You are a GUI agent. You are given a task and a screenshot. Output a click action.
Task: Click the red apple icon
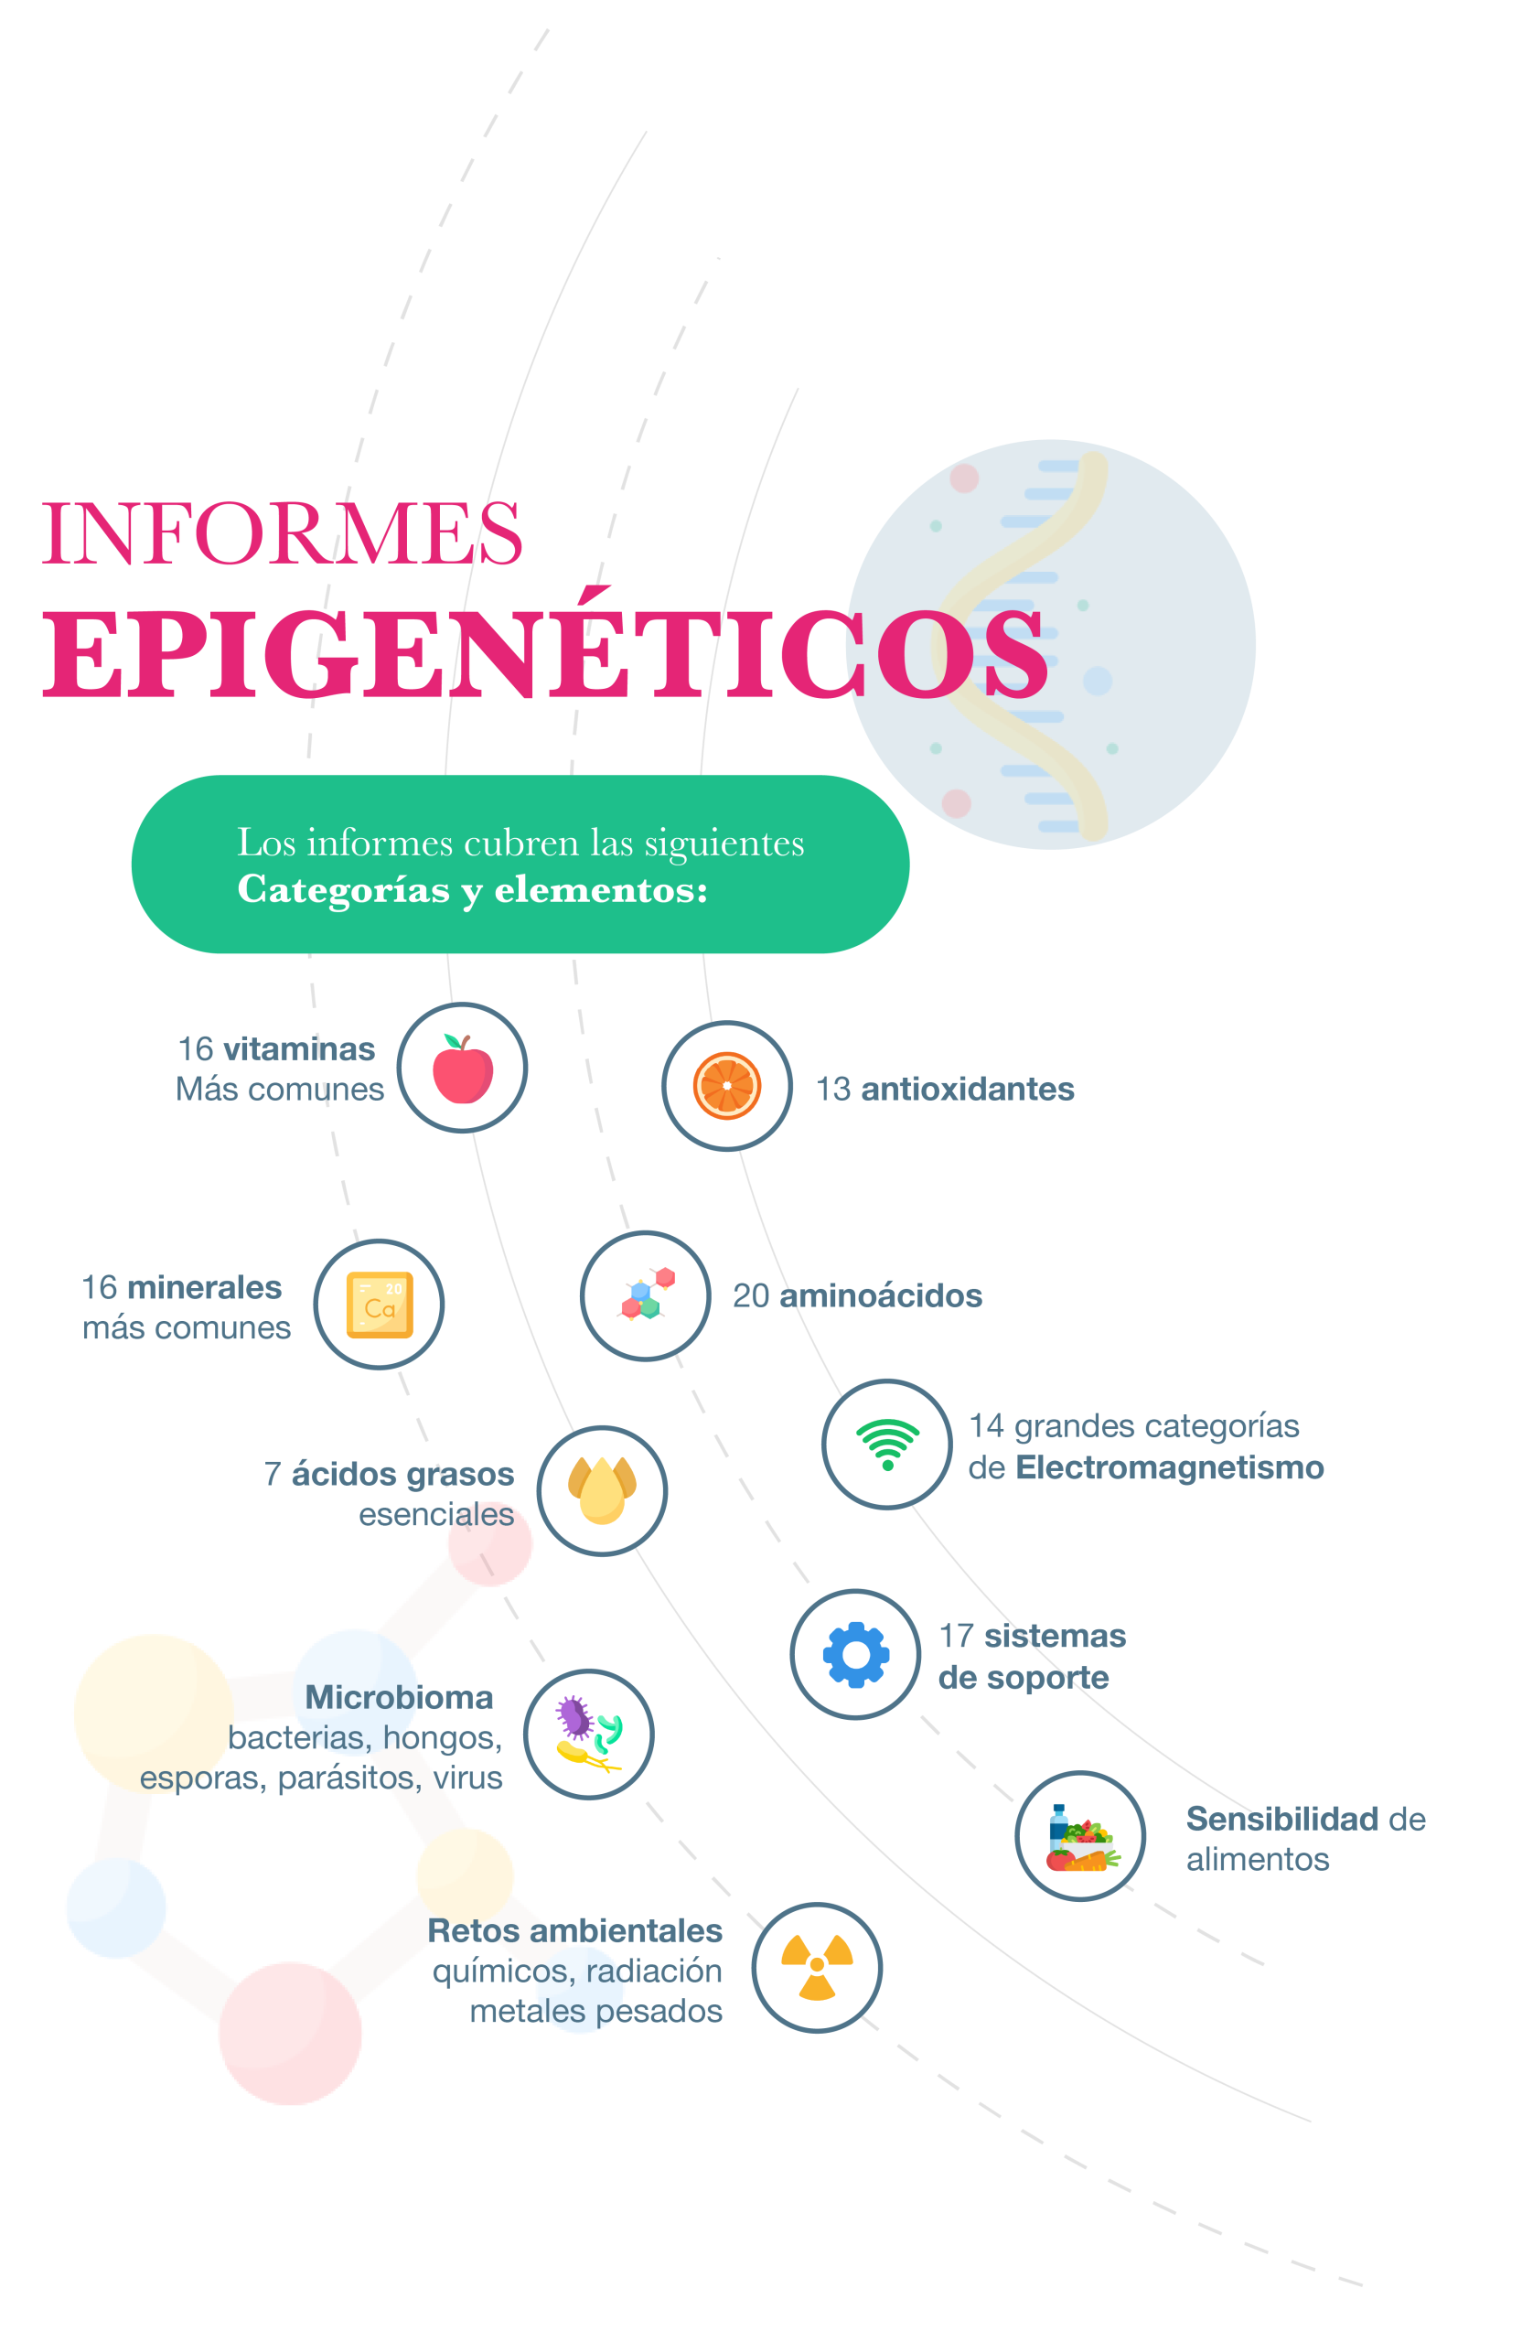tap(463, 1069)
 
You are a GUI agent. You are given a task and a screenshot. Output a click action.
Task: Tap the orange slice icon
tap(727, 1085)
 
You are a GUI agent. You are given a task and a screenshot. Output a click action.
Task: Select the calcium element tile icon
tap(379, 1305)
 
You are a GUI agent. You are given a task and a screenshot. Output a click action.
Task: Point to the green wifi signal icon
tap(887, 1444)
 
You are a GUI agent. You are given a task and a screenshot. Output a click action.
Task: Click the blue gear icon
tap(856, 1654)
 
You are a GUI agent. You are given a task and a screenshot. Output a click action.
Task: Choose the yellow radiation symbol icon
tap(817, 1967)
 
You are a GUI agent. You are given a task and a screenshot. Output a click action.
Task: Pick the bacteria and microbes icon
tap(588, 1734)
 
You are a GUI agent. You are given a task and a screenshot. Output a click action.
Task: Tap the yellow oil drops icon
tap(602, 1490)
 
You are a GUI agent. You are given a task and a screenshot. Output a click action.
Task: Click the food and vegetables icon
tap(1080, 1836)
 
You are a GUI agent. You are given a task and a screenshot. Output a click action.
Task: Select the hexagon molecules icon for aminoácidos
tap(645, 1295)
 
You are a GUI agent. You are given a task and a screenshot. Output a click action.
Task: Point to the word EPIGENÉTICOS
tap(544, 652)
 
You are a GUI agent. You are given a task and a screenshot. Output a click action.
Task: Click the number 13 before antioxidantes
tap(832, 1090)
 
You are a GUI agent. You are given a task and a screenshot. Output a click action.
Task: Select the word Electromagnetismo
tap(1169, 1467)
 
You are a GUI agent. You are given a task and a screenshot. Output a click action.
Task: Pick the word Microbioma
tap(399, 1696)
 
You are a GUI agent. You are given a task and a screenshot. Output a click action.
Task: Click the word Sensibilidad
tap(1281, 1819)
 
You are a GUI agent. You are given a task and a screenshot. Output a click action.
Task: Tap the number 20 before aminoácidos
tap(750, 1296)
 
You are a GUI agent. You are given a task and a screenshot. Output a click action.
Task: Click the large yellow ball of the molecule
tap(153, 1713)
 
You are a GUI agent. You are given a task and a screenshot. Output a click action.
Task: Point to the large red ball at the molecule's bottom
tap(290, 2032)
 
